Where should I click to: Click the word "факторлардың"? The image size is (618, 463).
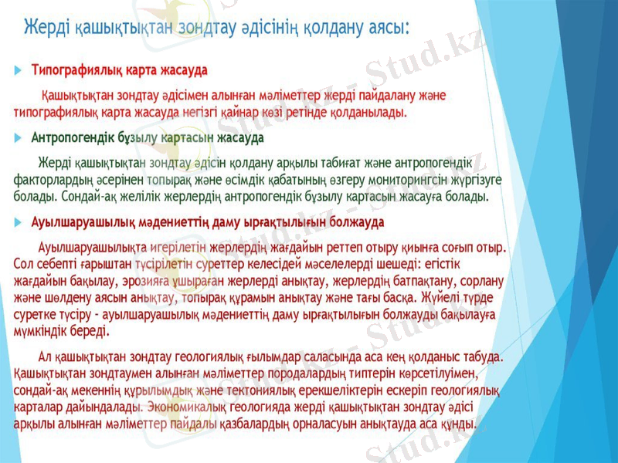click(x=53, y=180)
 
